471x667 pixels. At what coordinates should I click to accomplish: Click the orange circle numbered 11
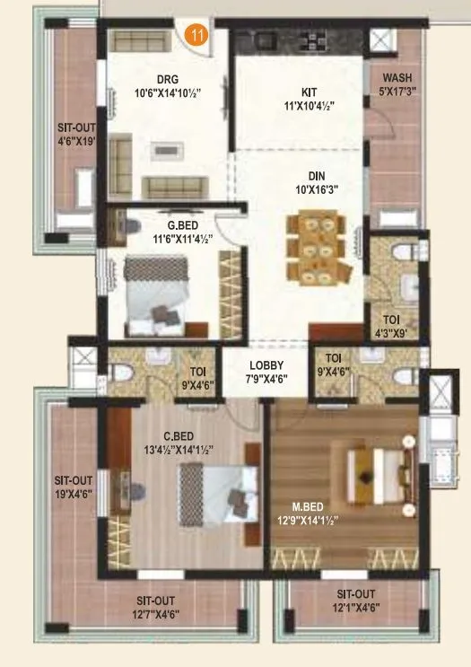[196, 37]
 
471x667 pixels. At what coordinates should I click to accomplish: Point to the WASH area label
[397, 77]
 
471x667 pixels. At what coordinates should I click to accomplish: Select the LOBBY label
[266, 365]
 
